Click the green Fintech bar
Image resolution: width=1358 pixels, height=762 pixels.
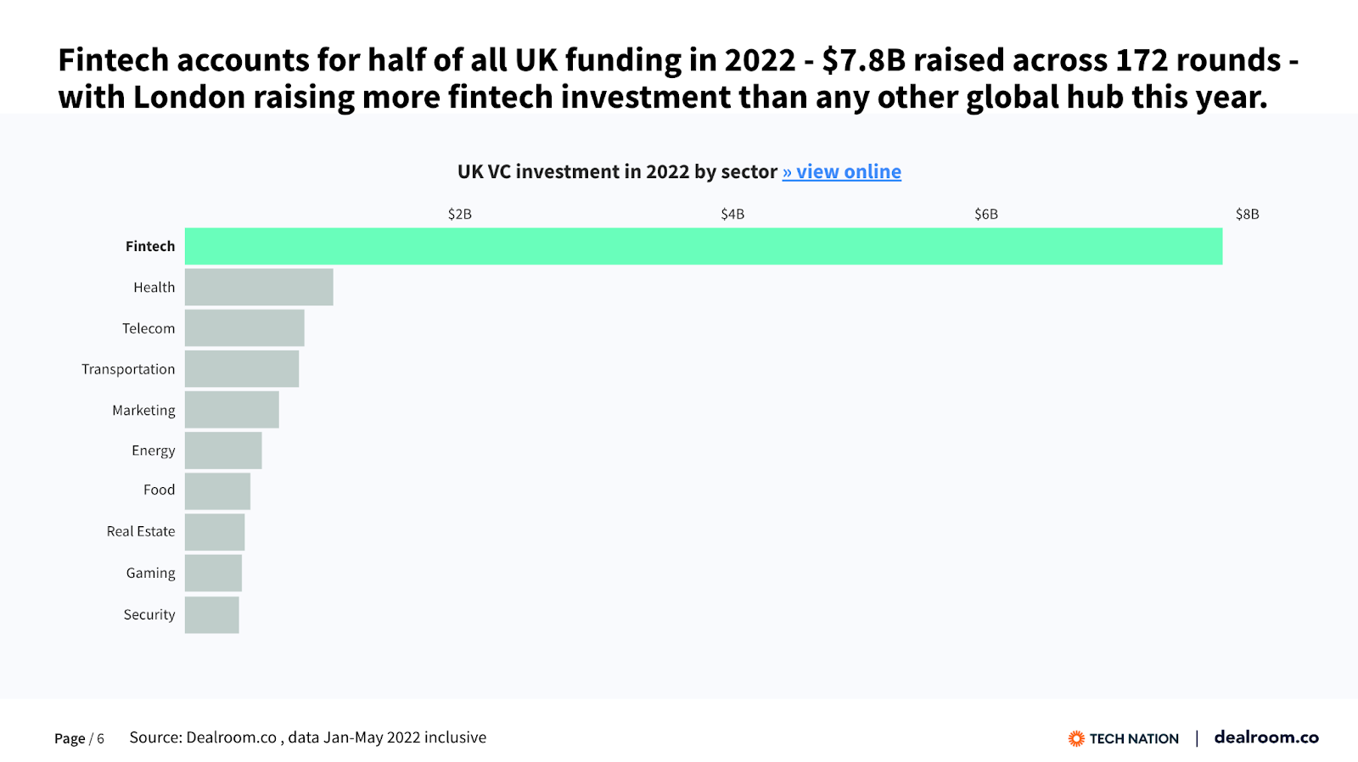pyautogui.click(x=703, y=246)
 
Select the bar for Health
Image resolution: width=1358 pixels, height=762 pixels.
pyautogui.click(x=259, y=287)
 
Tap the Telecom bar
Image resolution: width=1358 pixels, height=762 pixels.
pyautogui.click(x=244, y=328)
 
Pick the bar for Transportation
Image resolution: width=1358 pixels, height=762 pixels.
pyautogui.click(x=242, y=368)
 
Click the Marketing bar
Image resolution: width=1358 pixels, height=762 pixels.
pyautogui.click(x=232, y=409)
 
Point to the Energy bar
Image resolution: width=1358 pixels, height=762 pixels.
pyautogui.click(x=223, y=450)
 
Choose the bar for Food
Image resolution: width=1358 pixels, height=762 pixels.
pyautogui.click(x=217, y=490)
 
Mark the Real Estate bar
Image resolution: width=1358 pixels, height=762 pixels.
pyautogui.click(x=215, y=531)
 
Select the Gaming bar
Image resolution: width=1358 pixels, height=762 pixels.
pyautogui.click(x=213, y=572)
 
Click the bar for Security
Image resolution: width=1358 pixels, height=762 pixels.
pyautogui.click(x=211, y=614)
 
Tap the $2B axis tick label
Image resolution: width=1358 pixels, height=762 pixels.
pyautogui.click(x=459, y=214)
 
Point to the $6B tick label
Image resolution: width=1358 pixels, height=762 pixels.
pyautogui.click(x=985, y=214)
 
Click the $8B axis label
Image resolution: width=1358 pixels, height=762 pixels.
pyautogui.click(x=1247, y=214)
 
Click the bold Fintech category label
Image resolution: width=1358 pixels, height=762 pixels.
pyautogui.click(x=150, y=246)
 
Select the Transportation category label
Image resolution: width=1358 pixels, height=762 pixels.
pyautogui.click(x=128, y=369)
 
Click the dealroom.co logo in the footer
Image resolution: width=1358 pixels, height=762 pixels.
pyautogui.click(x=1266, y=737)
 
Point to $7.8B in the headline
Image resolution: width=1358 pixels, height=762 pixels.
pyautogui.click(x=863, y=60)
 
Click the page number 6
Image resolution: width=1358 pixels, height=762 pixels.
pyautogui.click(x=100, y=739)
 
